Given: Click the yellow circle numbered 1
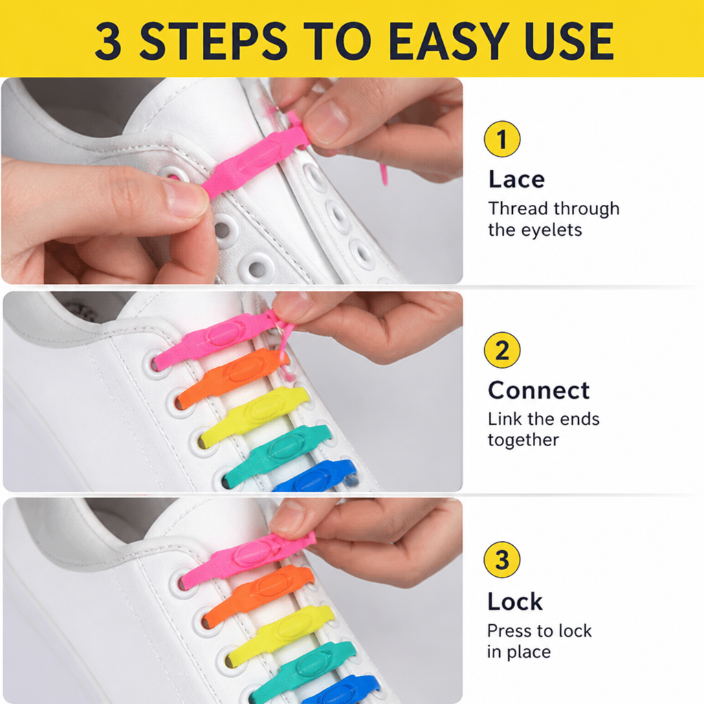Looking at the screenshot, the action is tap(502, 139).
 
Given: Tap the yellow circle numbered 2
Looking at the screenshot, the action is tap(502, 350).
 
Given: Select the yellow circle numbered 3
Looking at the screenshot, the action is tap(502, 560).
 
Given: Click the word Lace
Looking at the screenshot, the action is tap(516, 179).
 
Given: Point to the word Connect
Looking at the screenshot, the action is tap(538, 390).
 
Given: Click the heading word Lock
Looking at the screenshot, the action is tap(515, 601).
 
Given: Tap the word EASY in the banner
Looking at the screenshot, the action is tap(448, 41).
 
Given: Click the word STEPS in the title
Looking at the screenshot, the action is tap(214, 41).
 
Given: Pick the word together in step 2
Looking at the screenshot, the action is tap(523, 440).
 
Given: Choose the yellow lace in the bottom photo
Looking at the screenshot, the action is tap(281, 634).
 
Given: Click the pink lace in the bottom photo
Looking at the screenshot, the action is tap(246, 557).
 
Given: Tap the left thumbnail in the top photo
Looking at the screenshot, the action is tap(185, 199).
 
